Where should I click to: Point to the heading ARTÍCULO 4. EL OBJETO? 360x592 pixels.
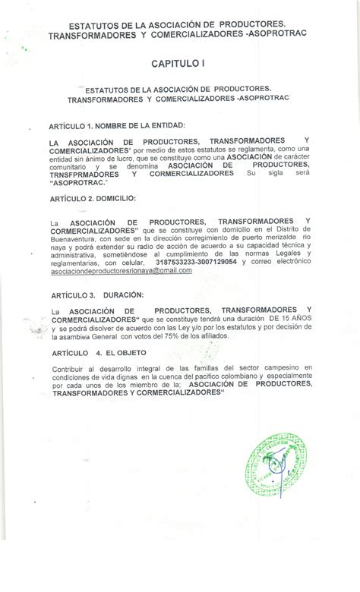tap(101, 352)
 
